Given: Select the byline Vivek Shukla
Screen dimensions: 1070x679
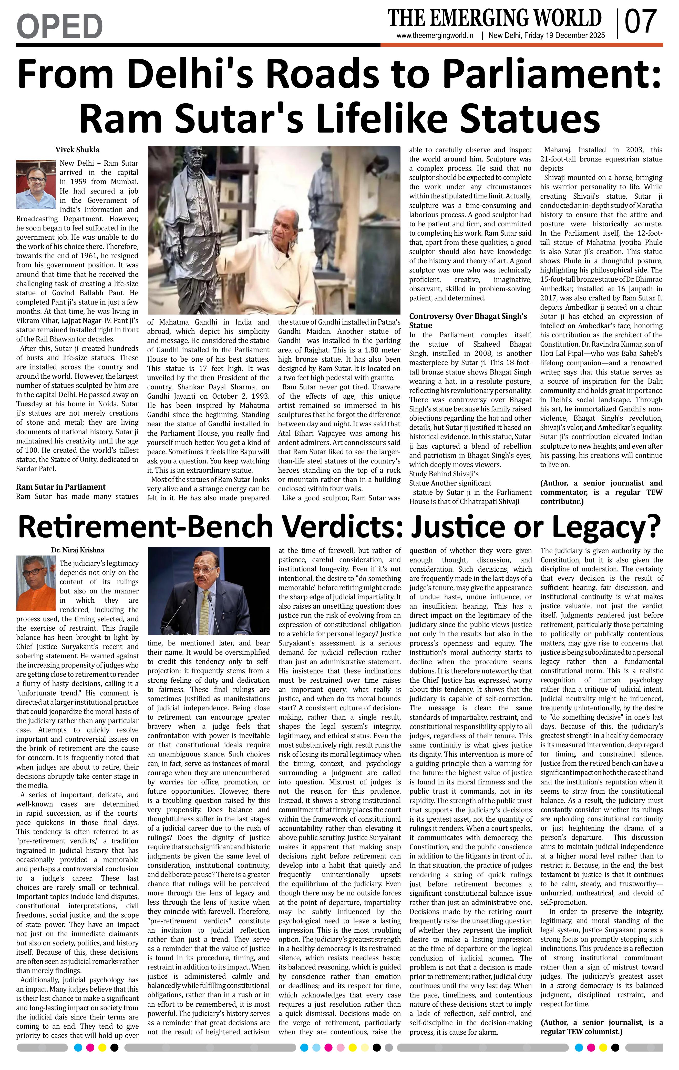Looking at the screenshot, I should tap(77, 150).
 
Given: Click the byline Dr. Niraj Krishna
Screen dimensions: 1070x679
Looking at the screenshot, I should tap(77, 550).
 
